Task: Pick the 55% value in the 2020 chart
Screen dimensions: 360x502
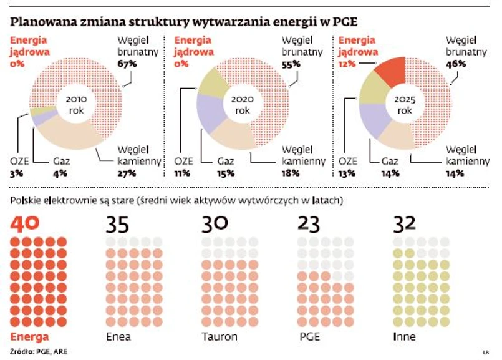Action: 290,64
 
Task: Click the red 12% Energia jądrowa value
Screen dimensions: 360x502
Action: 347,64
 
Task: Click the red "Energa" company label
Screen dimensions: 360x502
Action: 28,337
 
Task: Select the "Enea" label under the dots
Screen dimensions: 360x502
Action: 118,337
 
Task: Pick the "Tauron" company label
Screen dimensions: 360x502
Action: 220,337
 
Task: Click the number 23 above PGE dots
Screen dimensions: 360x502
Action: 310,223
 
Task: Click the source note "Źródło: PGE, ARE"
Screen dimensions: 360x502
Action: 38,351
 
